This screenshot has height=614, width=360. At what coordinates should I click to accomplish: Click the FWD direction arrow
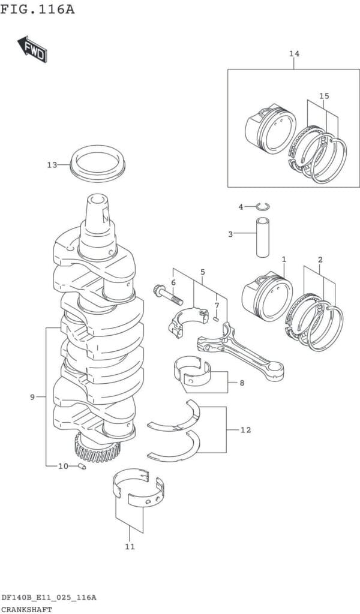pyautogui.click(x=32, y=50)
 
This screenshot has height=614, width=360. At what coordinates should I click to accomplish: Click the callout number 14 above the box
pyautogui.click(x=293, y=55)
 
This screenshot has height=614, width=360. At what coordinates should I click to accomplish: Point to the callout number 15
pyautogui.click(x=324, y=96)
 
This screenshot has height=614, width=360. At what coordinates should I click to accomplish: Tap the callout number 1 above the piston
pyautogui.click(x=284, y=260)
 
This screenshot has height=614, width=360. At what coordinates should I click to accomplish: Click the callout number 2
pyautogui.click(x=320, y=260)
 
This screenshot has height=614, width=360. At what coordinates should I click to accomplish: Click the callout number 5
pyautogui.click(x=203, y=272)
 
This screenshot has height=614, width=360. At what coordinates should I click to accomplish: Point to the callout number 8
pyautogui.click(x=242, y=382)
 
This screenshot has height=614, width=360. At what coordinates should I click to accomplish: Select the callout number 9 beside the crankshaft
pyautogui.click(x=33, y=396)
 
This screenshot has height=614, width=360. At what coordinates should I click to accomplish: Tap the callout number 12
pyautogui.click(x=246, y=430)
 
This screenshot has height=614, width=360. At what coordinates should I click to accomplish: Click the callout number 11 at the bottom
pyautogui.click(x=130, y=546)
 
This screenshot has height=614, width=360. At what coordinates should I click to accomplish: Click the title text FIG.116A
pyautogui.click(x=38, y=10)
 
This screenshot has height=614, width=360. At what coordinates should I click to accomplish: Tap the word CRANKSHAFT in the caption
pyautogui.click(x=26, y=609)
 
